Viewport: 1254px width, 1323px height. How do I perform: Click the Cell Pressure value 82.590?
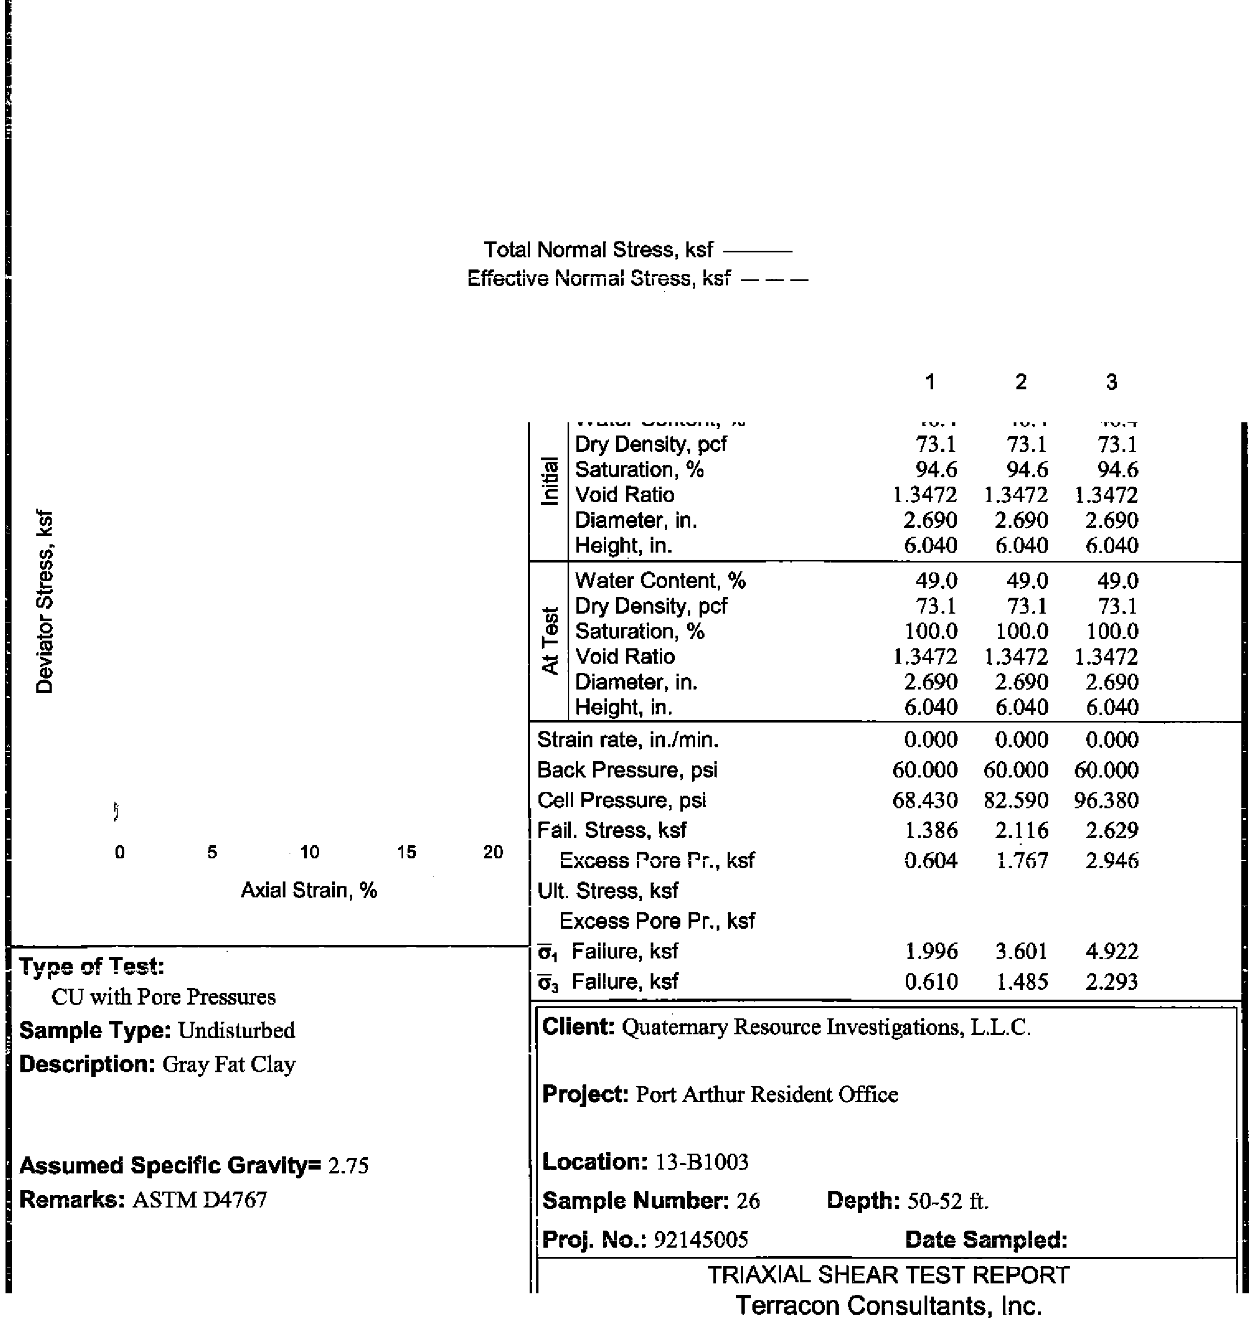click(x=1015, y=800)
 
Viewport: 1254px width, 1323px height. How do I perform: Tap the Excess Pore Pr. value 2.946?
click(x=1112, y=860)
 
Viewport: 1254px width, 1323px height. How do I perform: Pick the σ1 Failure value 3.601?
click(x=1021, y=951)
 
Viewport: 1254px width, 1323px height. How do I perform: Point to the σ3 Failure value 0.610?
click(x=931, y=982)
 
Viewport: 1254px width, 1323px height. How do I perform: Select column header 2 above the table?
click(x=1021, y=382)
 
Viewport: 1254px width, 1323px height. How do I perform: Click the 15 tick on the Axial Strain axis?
click(x=406, y=852)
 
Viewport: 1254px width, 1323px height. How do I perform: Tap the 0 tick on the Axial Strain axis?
click(x=120, y=852)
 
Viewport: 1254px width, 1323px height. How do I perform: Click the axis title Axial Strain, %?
click(x=309, y=890)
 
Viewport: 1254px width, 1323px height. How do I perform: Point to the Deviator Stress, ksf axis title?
click(x=44, y=602)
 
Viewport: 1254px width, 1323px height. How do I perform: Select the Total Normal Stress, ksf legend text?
click(x=598, y=250)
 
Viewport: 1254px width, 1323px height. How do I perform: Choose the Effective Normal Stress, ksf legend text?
click(x=598, y=278)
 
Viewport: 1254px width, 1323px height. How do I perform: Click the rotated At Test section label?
click(x=549, y=641)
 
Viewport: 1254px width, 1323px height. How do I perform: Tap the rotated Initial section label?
click(x=549, y=481)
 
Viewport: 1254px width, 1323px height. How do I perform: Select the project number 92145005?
click(x=701, y=1240)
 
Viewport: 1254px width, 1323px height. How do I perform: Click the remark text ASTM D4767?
click(x=199, y=1200)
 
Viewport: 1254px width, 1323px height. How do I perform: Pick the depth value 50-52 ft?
click(x=948, y=1201)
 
